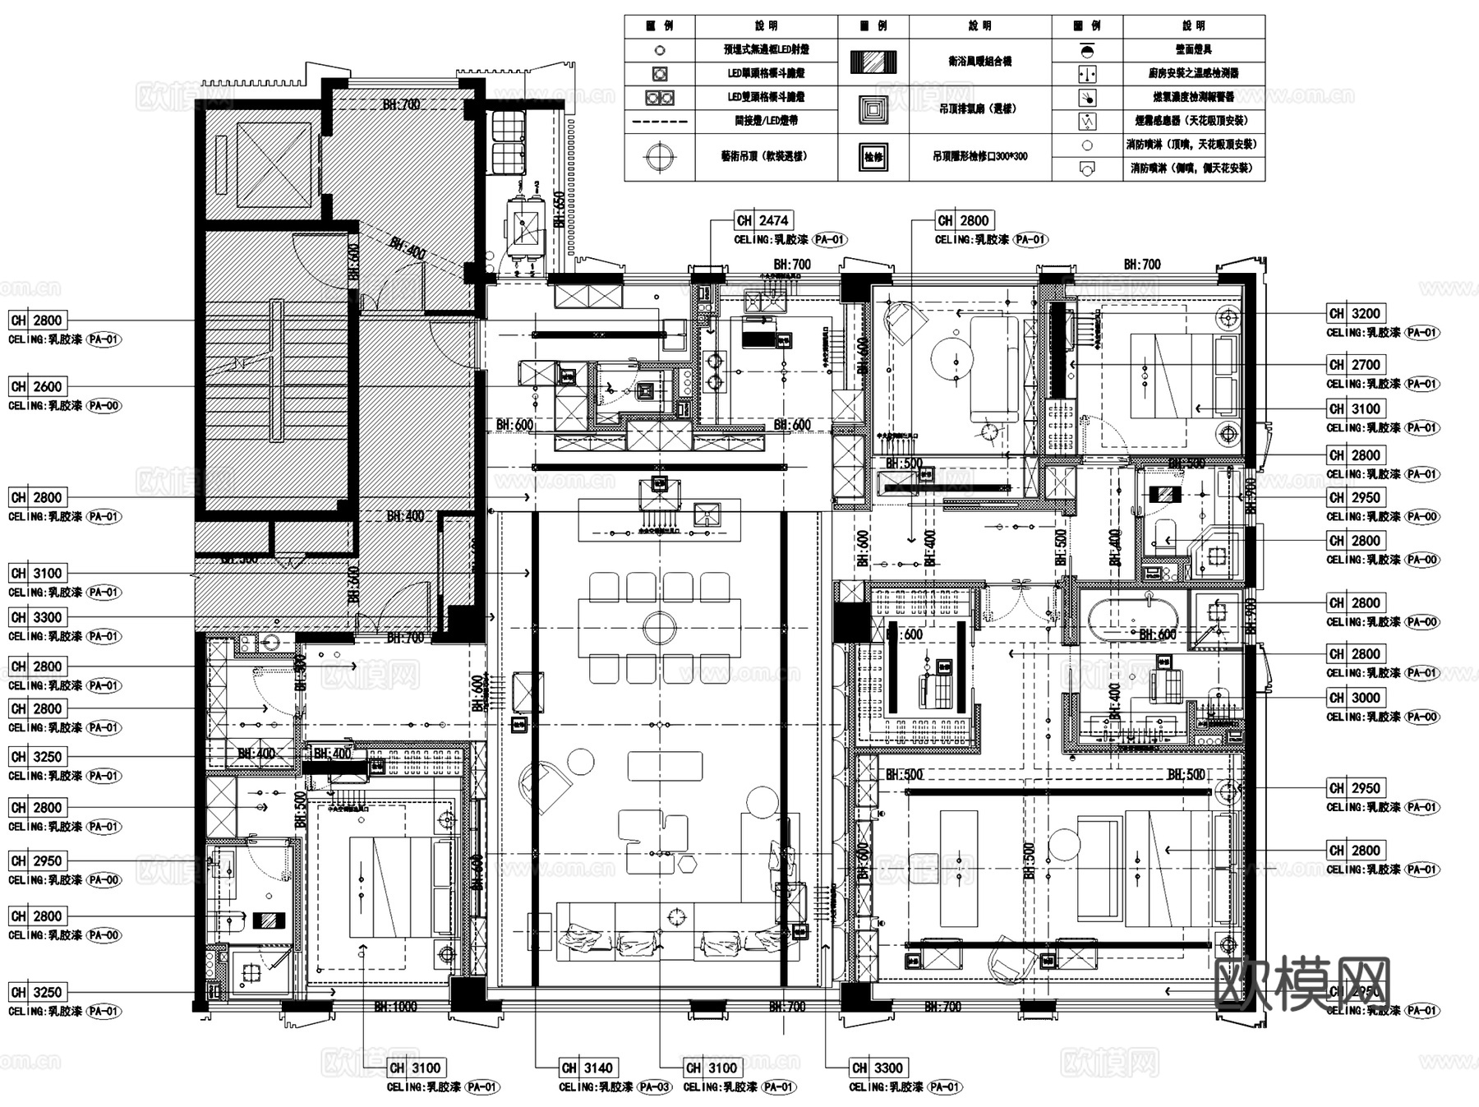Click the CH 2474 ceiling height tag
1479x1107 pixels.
763,220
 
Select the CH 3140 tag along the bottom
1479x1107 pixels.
588,1068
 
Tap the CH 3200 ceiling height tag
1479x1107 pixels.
1356,313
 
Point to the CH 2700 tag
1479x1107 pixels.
1356,364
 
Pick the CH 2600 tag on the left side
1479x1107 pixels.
38,386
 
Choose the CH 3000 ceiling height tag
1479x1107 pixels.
1356,698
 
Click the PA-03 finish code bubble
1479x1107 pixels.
655,1087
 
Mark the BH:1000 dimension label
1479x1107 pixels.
395,1007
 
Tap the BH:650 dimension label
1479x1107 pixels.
560,210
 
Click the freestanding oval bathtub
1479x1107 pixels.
1134,617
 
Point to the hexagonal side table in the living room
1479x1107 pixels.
687,864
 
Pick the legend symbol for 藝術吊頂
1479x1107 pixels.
660,155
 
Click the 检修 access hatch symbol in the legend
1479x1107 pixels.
873,156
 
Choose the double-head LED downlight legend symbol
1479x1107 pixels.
660,98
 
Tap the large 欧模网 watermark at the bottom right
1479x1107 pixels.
1302,984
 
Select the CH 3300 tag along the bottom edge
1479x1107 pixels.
878,1068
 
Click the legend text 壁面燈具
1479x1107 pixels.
1193,50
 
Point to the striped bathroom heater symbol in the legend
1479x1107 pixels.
873,62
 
